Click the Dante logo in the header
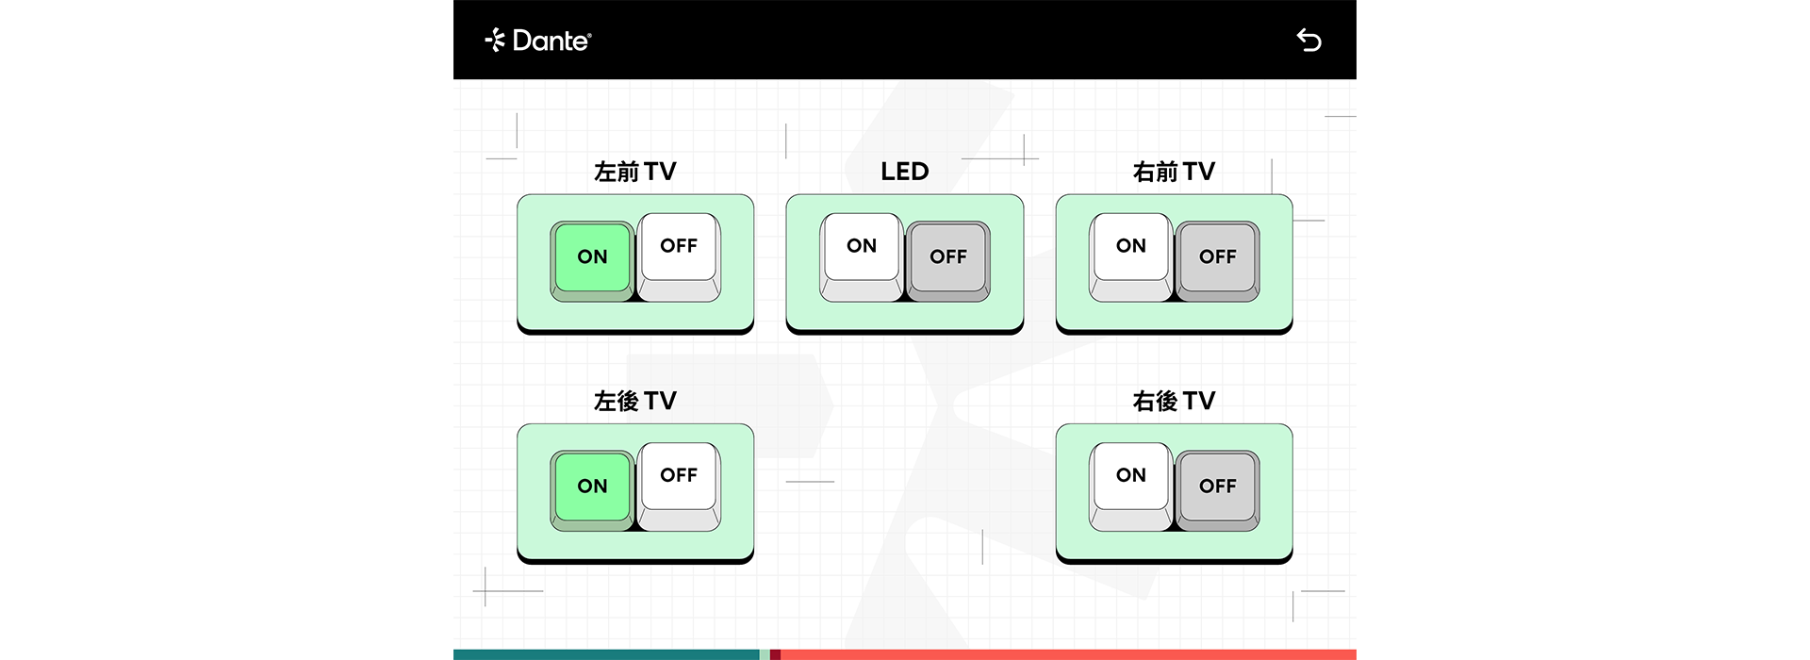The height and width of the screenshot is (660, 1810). (537, 40)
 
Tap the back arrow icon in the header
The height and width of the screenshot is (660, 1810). (1308, 40)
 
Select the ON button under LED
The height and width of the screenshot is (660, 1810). (862, 256)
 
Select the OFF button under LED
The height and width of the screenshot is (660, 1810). (948, 261)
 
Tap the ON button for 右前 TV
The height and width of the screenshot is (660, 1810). (1131, 256)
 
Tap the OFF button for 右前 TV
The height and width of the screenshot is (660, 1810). (1218, 261)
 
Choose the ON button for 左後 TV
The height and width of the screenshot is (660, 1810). (592, 490)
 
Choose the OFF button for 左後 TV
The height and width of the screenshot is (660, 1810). (679, 486)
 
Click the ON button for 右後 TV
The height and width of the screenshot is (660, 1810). (1131, 486)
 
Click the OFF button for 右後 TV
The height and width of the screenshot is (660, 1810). (1218, 490)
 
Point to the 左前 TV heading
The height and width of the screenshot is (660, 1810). (635, 172)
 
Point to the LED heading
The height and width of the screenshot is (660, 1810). (905, 172)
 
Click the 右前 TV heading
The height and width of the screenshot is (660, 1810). (1175, 172)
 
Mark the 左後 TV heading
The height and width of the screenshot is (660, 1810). (635, 401)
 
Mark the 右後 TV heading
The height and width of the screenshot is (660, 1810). (1175, 401)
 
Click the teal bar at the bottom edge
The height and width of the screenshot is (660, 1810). (606, 654)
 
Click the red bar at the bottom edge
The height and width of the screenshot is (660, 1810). (1068, 654)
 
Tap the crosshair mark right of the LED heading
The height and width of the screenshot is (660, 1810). (1025, 151)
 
